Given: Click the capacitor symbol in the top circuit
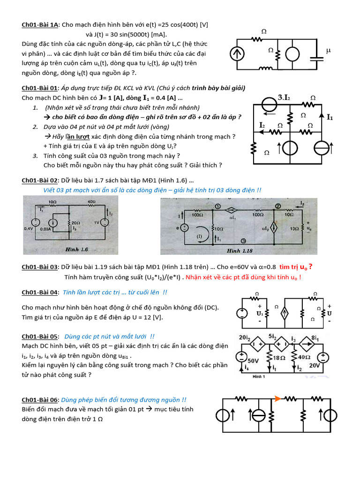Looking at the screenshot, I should tap(319, 53).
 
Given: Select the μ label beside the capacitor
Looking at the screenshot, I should tap(328, 50).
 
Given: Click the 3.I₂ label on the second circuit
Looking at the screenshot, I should tap(284, 97).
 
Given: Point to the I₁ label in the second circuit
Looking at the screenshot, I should tap(330, 118).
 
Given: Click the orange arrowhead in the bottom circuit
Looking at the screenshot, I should tap(277, 399).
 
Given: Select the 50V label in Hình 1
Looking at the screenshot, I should tap(253, 361).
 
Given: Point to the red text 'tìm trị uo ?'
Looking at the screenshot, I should tap(296, 267).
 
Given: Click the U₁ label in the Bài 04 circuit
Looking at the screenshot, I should tap(259, 313).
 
